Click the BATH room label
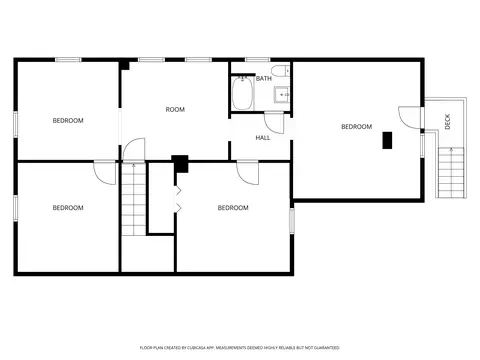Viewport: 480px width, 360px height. [x=264, y=79]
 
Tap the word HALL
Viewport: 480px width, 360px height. [x=263, y=138]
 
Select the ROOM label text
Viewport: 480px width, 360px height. [x=175, y=109]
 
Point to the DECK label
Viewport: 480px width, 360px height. [x=448, y=121]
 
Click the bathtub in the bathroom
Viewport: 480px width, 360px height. [x=242, y=93]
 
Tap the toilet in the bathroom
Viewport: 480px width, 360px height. [x=280, y=71]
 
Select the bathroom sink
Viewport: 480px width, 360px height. [x=282, y=95]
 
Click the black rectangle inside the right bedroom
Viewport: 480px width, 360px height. [x=387, y=140]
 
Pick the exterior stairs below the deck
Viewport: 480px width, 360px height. [x=451, y=173]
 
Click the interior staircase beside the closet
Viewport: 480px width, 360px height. [x=134, y=199]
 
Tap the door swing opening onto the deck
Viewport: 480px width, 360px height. [x=410, y=117]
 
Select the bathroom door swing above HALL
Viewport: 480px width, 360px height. [x=274, y=123]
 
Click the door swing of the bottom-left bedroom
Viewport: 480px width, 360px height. [x=105, y=173]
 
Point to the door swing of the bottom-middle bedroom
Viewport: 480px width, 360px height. [x=248, y=173]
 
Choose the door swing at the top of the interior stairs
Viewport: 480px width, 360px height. [x=134, y=149]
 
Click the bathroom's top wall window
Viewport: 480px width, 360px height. [x=257, y=60]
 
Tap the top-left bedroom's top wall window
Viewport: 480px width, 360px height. [x=68, y=60]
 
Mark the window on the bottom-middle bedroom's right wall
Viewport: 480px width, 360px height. [x=292, y=221]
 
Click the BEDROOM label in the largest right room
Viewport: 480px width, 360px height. [x=357, y=127]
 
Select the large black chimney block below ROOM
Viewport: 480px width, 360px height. [x=180, y=164]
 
